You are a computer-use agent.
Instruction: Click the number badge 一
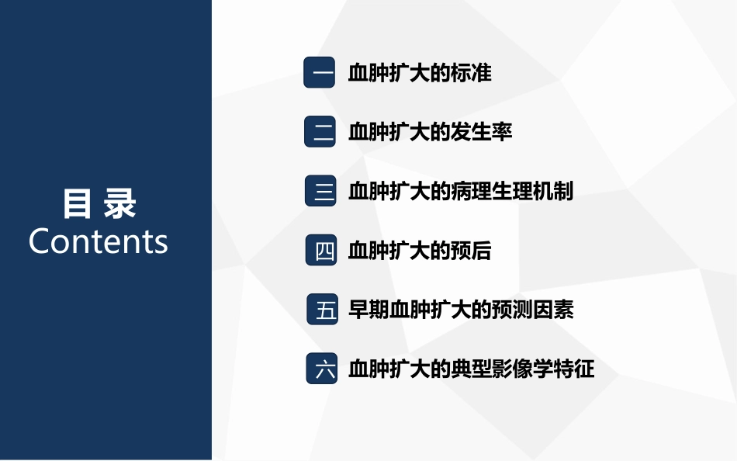click(320, 73)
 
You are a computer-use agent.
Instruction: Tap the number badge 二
click(320, 132)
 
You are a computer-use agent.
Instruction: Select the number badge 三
click(320, 191)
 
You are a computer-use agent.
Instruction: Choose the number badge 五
click(323, 310)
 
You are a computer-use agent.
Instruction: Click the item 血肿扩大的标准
click(420, 73)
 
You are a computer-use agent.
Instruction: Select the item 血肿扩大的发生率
click(430, 132)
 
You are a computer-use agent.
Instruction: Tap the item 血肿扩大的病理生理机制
click(461, 191)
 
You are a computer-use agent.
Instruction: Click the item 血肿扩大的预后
click(420, 251)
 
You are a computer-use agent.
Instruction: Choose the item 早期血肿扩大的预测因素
click(461, 310)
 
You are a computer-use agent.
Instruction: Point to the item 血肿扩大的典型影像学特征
click(471, 369)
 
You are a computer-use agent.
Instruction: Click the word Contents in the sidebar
click(99, 241)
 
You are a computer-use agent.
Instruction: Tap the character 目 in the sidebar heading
click(77, 203)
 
